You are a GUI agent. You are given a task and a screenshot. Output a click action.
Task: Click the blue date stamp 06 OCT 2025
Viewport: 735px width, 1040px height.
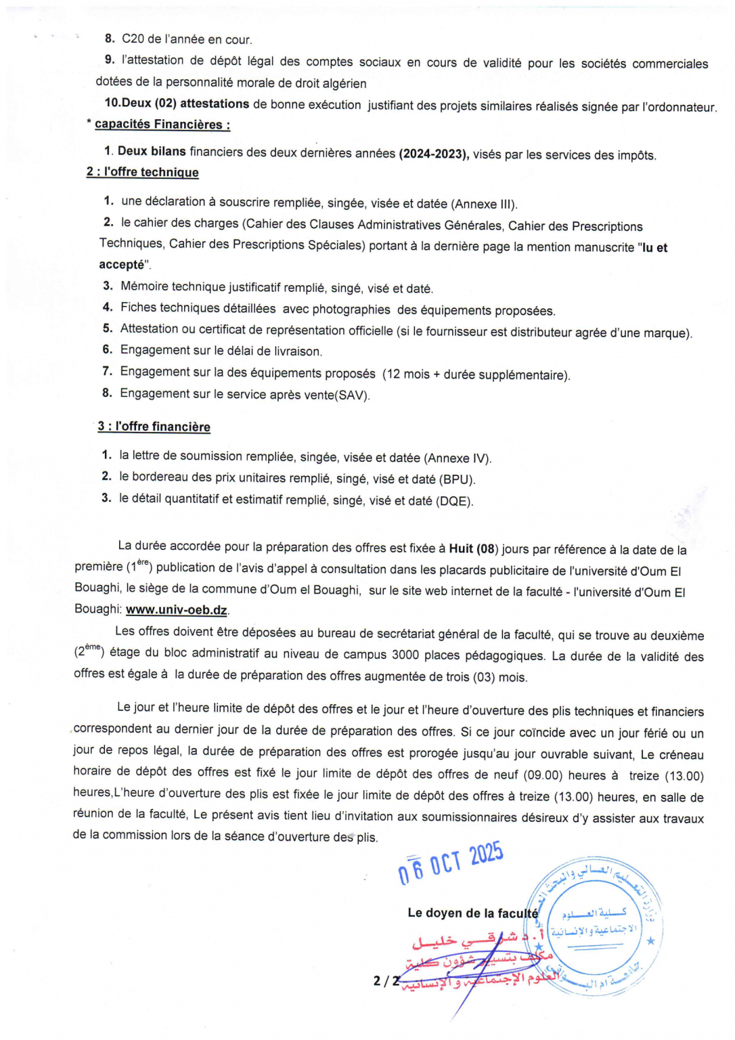point(451,863)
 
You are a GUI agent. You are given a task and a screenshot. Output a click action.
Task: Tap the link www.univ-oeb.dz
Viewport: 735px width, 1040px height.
point(176,609)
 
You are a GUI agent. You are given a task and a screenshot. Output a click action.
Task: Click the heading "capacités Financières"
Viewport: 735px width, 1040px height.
point(162,125)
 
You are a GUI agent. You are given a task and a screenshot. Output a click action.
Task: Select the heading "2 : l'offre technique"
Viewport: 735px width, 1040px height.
point(142,172)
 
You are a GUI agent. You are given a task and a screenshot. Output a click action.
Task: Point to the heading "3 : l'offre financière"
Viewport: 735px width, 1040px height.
point(154,427)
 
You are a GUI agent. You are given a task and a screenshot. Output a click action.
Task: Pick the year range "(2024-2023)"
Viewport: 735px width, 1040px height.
point(434,154)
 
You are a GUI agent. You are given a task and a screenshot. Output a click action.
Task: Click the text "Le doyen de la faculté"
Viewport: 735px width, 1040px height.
point(472,913)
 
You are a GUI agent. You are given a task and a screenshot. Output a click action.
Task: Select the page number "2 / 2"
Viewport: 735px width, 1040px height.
point(386,980)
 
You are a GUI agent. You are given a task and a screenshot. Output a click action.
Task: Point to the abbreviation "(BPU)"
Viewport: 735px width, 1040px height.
point(458,479)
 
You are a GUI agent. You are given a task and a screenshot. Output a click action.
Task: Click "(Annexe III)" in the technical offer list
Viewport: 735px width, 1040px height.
point(484,204)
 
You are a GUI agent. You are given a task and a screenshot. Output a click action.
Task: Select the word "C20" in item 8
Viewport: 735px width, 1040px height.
point(133,39)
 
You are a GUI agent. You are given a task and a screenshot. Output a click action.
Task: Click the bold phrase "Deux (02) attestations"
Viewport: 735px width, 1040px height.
point(177,104)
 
